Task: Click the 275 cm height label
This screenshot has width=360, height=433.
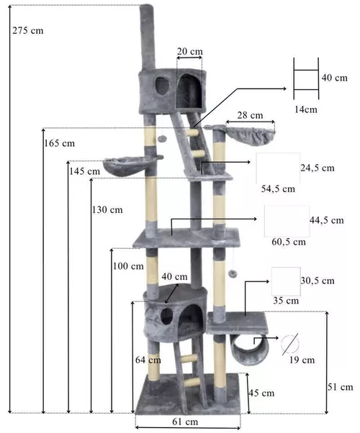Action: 28,30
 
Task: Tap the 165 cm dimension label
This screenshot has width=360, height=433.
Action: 60,143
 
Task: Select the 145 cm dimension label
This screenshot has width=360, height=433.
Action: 84,171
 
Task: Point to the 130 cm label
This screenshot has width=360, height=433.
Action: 107,209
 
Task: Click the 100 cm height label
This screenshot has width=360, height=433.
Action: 128,266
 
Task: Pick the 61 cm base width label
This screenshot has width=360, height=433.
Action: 185,421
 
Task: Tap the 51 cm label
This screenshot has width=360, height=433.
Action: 341,387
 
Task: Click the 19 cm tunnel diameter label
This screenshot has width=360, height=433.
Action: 302,360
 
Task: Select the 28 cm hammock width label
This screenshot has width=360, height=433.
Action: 251,115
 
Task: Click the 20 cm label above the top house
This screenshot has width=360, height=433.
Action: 189,51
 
